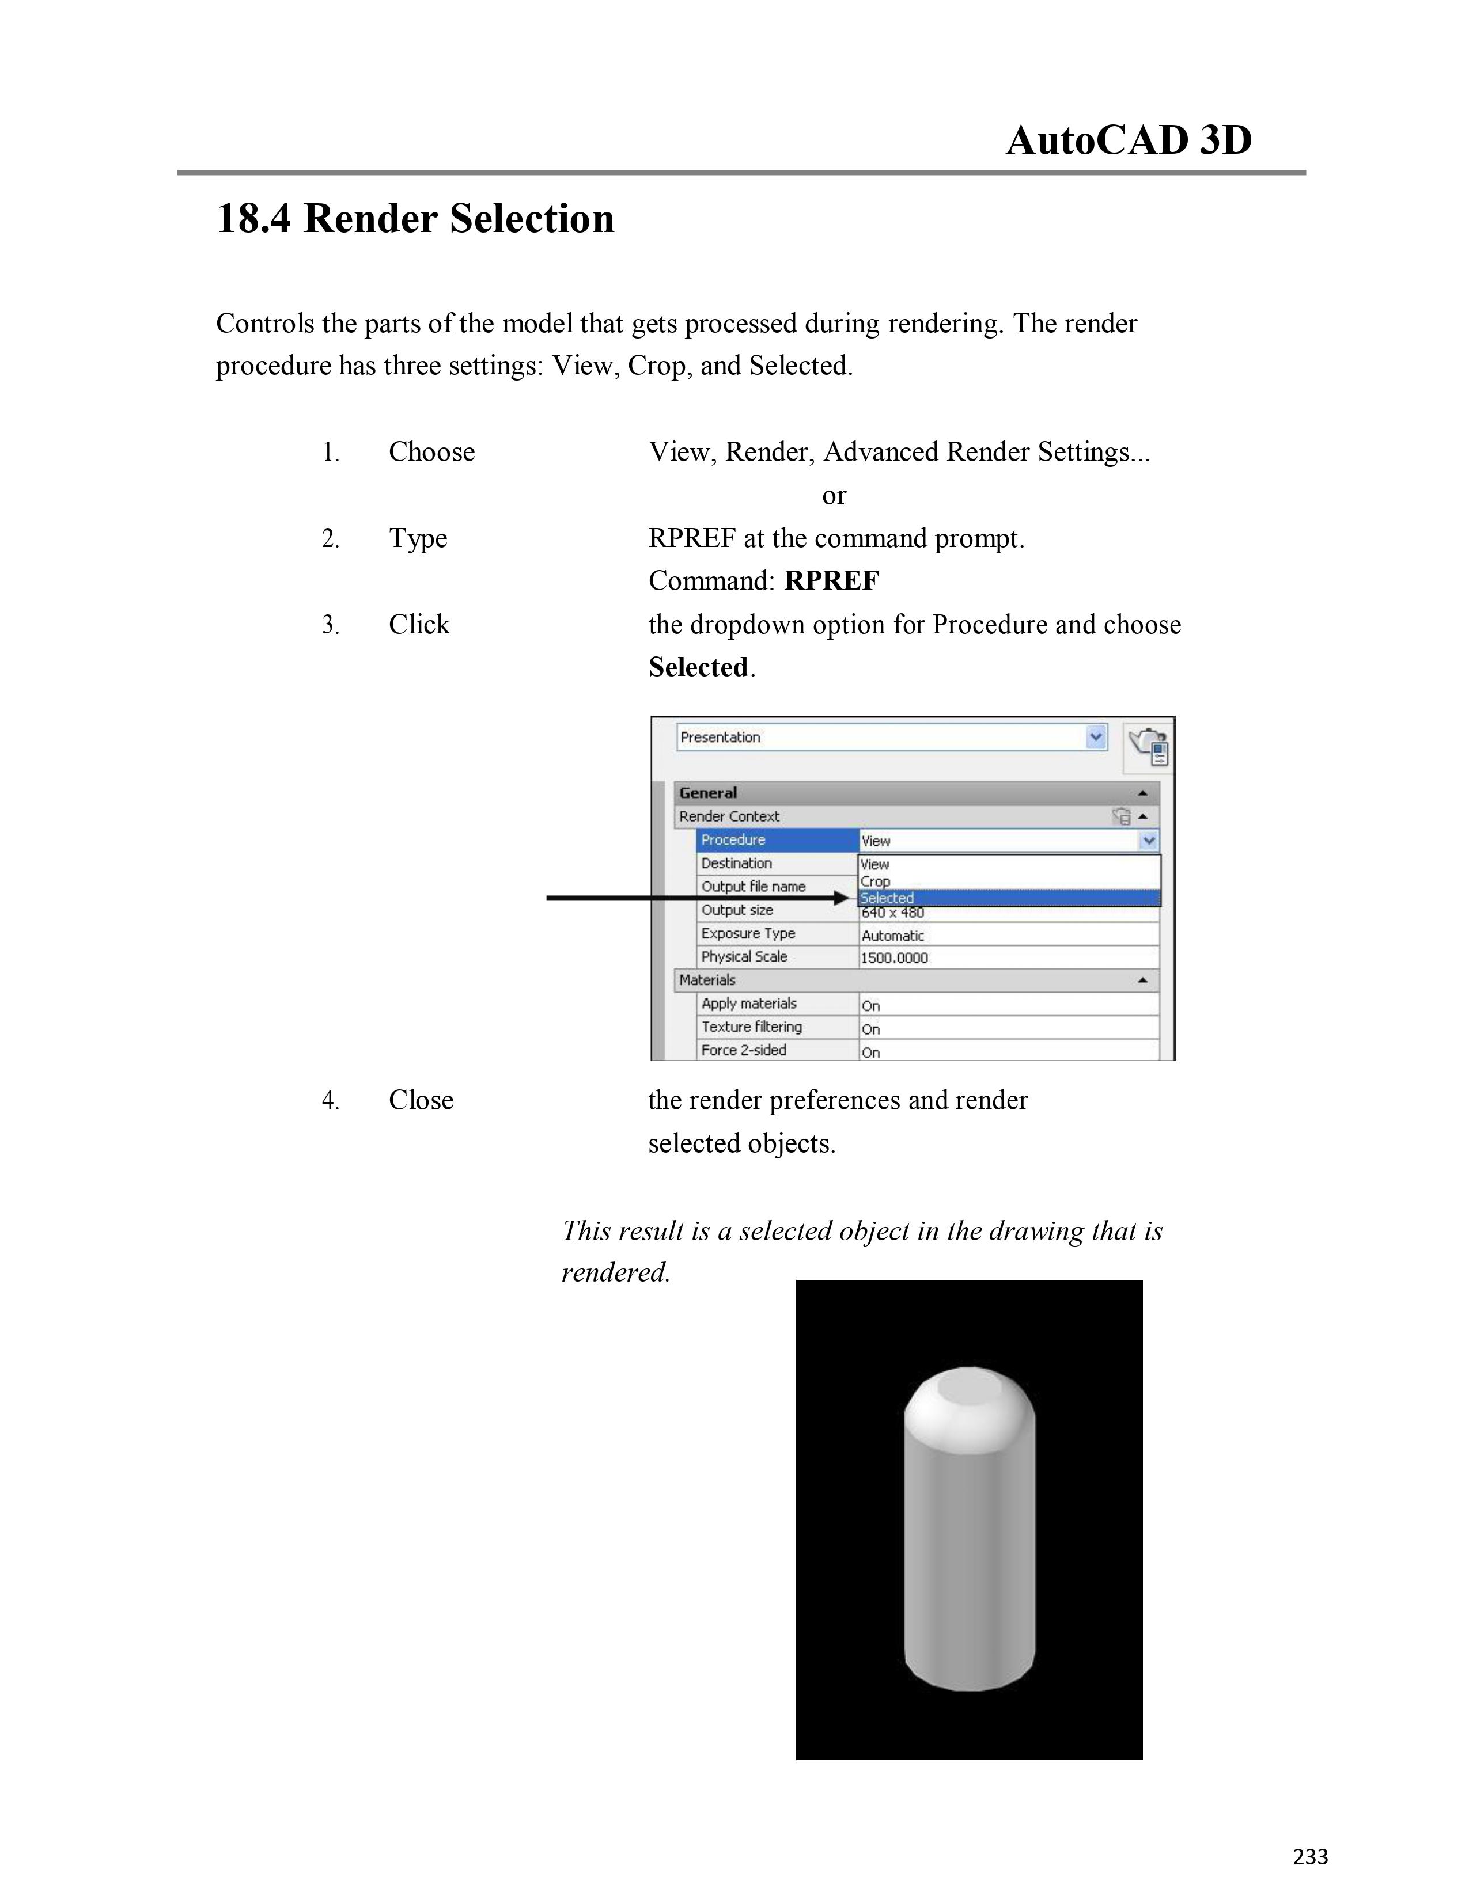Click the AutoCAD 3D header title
click(1128, 140)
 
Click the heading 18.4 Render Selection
click(415, 218)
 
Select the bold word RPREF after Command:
click(831, 580)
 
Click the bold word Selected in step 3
click(698, 667)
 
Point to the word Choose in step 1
click(431, 453)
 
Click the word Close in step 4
click(421, 1100)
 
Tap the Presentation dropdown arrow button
click(1096, 737)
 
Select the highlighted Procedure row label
click(733, 839)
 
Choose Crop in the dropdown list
click(876, 881)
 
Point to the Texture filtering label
click(752, 1027)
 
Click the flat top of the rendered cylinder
click(970, 1386)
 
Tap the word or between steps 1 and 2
click(834, 495)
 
